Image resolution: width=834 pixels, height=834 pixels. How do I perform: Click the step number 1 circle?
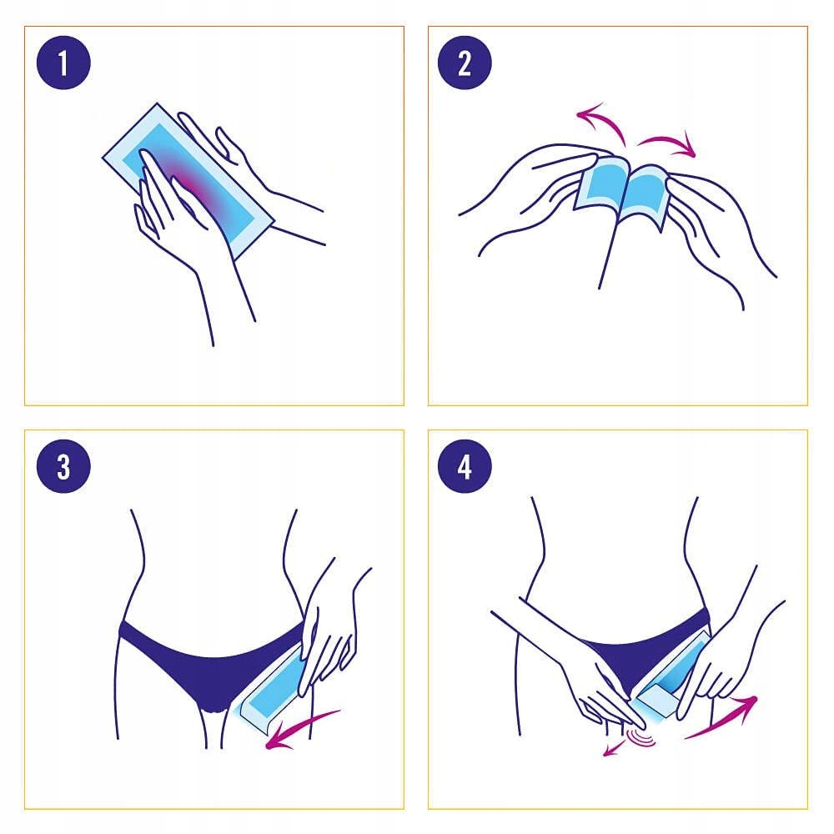pos(63,63)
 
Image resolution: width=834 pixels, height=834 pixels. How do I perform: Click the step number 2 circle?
pos(465,63)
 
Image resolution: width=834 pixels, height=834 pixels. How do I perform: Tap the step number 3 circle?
pos(63,466)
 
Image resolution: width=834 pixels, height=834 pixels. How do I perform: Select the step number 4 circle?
pos(465,466)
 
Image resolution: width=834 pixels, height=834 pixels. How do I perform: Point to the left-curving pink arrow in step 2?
pos(606,118)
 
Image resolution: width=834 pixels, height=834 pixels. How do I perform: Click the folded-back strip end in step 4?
pos(657,699)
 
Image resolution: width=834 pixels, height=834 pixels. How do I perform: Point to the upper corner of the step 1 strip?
pos(158,103)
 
